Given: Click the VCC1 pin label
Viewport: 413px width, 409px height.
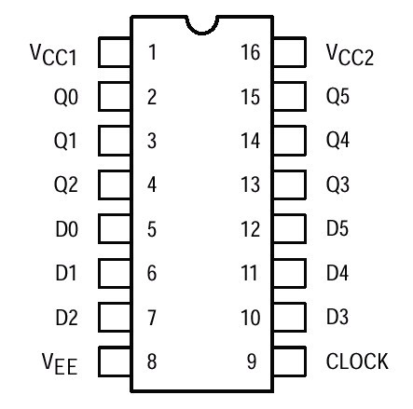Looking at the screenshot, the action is point(53,55).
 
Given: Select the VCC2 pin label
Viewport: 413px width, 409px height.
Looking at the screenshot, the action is point(350,55).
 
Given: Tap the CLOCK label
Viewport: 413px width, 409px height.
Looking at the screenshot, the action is point(357,361).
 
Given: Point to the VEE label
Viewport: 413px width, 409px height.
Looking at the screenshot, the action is point(60,364).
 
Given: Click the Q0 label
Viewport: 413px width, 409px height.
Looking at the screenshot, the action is point(66,97).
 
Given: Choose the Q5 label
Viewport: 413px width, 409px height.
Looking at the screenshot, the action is point(337,96).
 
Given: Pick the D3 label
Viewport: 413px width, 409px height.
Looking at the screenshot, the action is point(337,317).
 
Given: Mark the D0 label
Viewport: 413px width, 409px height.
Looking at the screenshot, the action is point(66,229).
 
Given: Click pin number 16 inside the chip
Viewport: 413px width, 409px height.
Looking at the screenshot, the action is point(250,52).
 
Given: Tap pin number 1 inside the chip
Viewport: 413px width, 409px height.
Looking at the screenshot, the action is point(152,52).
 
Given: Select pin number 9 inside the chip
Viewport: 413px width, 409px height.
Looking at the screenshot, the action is point(252,361).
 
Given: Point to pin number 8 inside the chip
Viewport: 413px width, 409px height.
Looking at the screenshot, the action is point(152,361).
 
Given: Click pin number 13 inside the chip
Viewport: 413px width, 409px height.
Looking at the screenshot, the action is point(250,184).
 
